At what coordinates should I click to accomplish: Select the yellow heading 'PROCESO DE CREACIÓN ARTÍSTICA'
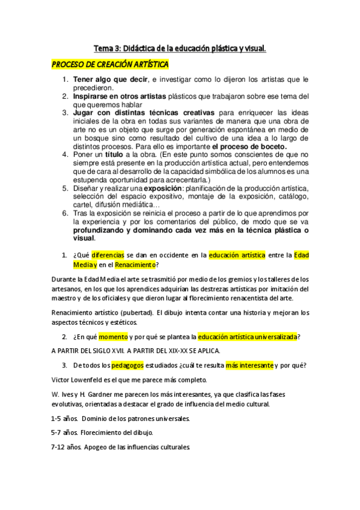point(110,64)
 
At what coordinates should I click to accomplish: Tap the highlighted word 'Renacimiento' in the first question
point(136,265)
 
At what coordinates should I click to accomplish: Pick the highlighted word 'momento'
point(112,336)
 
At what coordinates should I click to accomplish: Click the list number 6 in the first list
point(65,213)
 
